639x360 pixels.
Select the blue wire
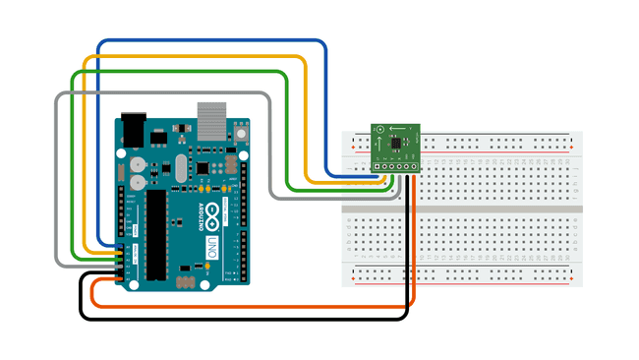click(x=211, y=42)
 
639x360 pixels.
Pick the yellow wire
click(x=197, y=56)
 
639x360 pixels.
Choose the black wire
click(x=246, y=319)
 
